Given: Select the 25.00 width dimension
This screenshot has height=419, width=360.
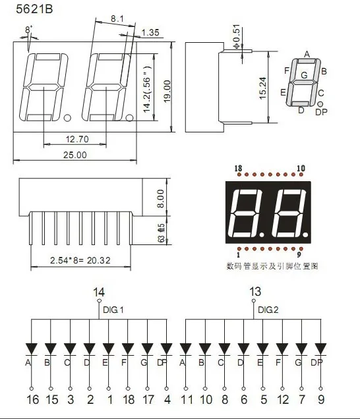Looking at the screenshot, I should click(x=75, y=155).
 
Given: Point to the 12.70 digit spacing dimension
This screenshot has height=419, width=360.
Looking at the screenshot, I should click(x=76, y=140).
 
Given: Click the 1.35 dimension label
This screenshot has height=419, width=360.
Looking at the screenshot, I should click(x=150, y=32).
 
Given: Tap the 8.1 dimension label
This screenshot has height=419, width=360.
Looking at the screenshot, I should click(x=117, y=19).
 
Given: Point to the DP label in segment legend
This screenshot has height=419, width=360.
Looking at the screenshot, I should click(x=320, y=113).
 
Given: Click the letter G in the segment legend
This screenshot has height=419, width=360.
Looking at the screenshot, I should click(x=303, y=75).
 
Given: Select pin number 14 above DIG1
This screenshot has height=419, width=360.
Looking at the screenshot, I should click(x=98, y=292).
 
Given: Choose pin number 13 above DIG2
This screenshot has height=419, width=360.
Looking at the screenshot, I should click(x=255, y=292).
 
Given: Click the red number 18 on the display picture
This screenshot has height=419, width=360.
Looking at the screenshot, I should click(x=238, y=169).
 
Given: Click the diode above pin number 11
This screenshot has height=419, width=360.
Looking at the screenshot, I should click(x=185, y=348).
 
